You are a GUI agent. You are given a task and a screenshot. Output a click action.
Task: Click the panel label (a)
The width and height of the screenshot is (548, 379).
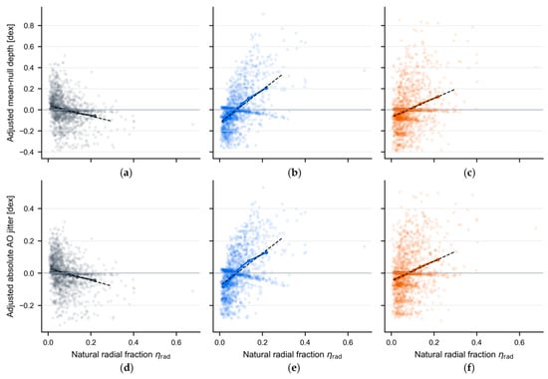click(126, 173)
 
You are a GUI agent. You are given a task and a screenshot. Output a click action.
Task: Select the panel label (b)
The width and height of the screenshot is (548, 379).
click(294, 173)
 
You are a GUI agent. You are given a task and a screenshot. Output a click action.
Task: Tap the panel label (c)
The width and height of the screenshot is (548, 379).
click(469, 173)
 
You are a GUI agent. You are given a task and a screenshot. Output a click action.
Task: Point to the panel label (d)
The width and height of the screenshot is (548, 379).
click(126, 368)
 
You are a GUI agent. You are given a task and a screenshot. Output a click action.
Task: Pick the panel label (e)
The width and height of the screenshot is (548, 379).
click(294, 368)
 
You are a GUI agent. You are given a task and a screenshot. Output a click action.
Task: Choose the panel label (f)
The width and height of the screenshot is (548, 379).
click(469, 368)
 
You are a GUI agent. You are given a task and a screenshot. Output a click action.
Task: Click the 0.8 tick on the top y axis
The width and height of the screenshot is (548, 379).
click(29, 26)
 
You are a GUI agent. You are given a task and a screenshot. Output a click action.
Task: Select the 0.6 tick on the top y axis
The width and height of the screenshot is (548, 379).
click(29, 47)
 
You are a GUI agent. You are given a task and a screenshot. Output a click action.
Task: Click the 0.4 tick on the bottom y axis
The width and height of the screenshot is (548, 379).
click(29, 208)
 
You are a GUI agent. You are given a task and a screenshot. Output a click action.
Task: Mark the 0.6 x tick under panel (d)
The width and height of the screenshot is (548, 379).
click(176, 343)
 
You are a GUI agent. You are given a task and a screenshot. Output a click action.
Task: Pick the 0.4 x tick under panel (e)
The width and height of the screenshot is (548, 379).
click(305, 343)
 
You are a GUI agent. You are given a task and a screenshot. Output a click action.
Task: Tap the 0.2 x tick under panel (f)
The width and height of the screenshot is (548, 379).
click(434, 343)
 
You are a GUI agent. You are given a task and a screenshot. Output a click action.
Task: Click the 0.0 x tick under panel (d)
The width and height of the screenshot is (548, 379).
click(48, 343)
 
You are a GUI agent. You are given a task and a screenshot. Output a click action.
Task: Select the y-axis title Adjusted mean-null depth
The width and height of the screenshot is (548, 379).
click(11, 83)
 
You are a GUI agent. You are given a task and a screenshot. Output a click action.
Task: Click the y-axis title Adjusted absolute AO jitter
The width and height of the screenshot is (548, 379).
click(11, 254)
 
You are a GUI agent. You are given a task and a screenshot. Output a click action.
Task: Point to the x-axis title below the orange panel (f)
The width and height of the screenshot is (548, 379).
click(463, 355)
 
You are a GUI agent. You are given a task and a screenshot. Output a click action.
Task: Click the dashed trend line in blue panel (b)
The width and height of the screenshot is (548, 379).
click(252, 99)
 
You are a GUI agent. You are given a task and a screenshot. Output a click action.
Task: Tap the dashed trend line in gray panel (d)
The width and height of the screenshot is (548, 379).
click(80, 278)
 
